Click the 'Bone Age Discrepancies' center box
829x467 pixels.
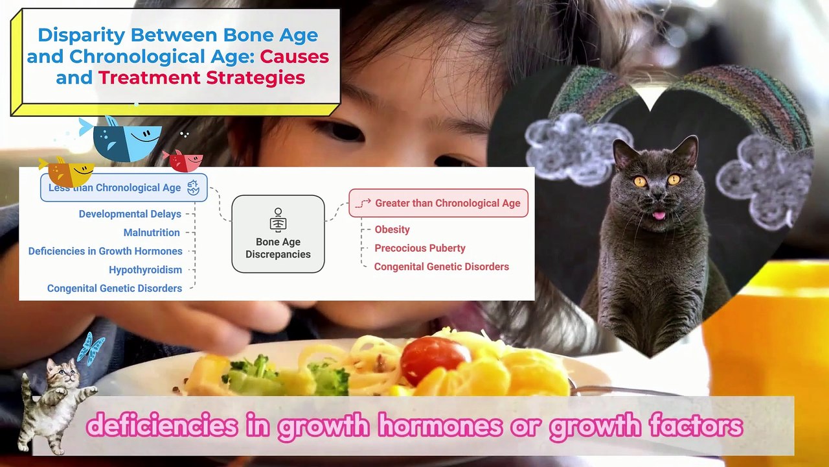(278, 234)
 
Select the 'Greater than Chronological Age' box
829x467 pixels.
(438, 203)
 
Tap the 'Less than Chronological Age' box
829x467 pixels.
(124, 187)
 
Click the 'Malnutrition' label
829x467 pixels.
(152, 232)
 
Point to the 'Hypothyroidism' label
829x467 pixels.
(145, 270)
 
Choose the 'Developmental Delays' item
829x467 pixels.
(130, 214)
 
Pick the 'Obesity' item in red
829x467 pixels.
(392, 230)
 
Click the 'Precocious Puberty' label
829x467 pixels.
(420, 248)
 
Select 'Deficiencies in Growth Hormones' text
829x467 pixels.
(105, 251)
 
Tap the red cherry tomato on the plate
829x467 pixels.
(434, 359)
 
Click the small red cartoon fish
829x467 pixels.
(185, 161)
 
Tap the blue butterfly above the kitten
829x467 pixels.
(90, 348)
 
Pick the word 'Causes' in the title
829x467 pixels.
(294, 56)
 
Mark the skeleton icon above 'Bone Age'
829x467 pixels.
(278, 220)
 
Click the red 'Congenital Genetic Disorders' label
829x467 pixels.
(441, 267)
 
